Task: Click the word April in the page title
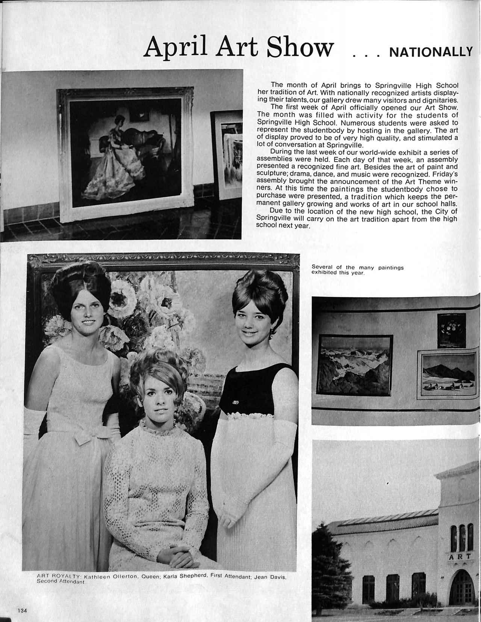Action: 177,48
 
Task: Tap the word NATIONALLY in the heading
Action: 431,52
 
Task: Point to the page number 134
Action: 22,610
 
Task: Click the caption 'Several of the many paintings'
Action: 357,268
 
